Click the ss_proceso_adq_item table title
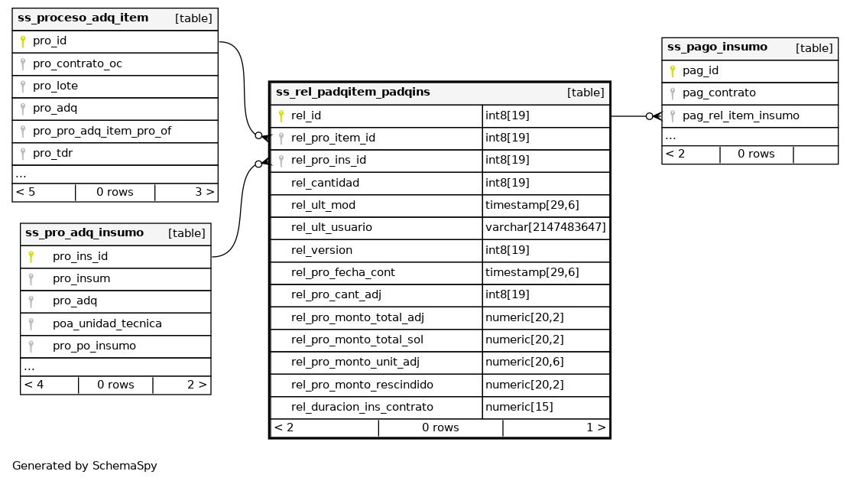click(x=83, y=18)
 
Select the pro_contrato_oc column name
click(x=77, y=63)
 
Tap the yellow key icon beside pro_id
click(x=23, y=41)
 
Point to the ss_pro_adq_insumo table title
click(x=84, y=233)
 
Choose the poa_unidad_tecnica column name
click(x=107, y=323)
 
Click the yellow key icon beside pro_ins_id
click(x=31, y=257)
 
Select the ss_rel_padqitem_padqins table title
click(x=352, y=93)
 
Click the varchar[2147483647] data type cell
click(x=545, y=227)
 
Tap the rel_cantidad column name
click(x=325, y=183)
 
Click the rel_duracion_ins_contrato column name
click(x=362, y=407)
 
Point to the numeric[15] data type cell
click(x=519, y=407)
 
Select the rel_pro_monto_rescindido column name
click(x=362, y=385)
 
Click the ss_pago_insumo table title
click(x=717, y=47)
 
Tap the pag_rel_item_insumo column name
click(x=740, y=115)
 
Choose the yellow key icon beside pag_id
click(x=673, y=71)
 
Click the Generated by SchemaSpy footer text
click(x=84, y=466)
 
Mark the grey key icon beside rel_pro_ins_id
click(x=281, y=161)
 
